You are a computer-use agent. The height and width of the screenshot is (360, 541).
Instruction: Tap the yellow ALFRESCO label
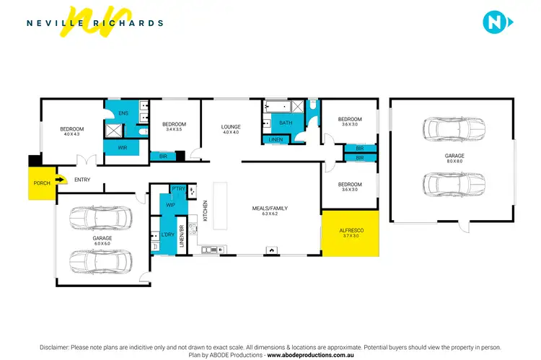coord(348,230)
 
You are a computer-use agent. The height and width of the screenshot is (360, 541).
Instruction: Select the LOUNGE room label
coord(231,127)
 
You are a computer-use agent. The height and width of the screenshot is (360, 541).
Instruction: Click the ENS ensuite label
coord(123,113)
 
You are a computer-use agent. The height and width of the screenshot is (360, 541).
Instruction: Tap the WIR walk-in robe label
coord(123,147)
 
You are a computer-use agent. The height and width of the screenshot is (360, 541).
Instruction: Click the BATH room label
coord(286,123)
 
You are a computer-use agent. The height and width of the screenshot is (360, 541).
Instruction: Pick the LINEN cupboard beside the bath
coord(274,139)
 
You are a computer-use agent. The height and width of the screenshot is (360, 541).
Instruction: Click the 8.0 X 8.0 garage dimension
coord(454,162)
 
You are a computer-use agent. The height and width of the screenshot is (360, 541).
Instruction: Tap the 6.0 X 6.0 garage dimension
coord(102,244)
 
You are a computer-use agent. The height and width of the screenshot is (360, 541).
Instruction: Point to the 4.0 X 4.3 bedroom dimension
coord(71,134)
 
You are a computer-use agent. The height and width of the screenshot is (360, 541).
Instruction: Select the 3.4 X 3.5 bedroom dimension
coord(174,130)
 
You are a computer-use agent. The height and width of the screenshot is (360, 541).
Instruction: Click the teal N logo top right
coord(496,22)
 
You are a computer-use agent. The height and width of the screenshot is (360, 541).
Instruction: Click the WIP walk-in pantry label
coord(171,205)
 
